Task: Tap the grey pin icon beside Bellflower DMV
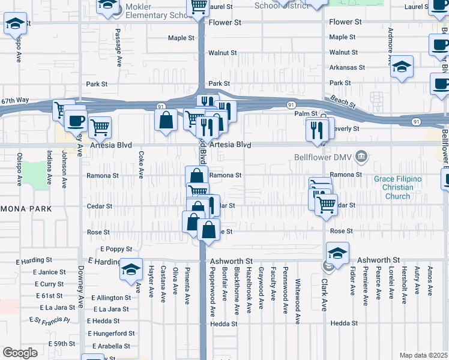(x=361, y=157)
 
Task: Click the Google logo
(x=20, y=352)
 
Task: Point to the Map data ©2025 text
(x=423, y=355)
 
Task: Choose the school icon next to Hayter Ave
(x=130, y=269)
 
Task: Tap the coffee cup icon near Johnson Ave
(x=76, y=120)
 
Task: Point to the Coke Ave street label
(x=141, y=165)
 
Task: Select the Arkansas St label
(x=343, y=68)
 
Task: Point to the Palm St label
(x=306, y=113)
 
